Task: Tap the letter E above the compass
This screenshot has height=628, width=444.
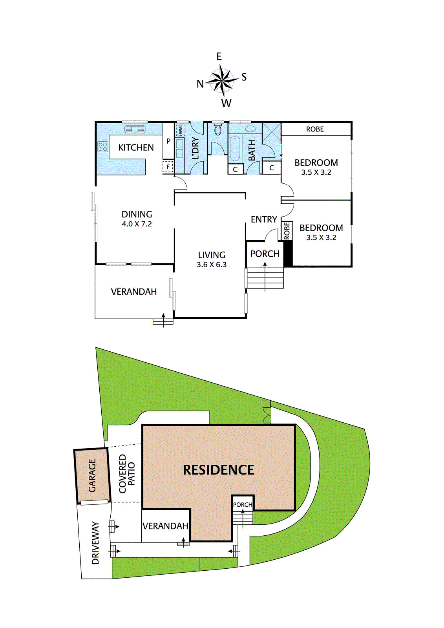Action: (219, 57)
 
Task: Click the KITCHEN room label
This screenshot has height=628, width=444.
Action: (136, 148)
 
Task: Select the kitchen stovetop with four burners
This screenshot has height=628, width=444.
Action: (103, 147)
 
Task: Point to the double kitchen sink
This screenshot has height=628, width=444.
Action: (135, 129)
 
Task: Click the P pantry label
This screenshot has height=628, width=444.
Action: (168, 141)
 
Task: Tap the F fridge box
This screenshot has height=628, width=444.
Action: (168, 167)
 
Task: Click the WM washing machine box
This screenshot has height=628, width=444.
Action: (180, 130)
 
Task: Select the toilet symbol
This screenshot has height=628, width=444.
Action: (218, 130)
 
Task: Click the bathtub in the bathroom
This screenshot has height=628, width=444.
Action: (235, 149)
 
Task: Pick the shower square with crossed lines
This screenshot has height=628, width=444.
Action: (272, 132)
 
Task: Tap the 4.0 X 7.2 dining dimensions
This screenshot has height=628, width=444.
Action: (137, 224)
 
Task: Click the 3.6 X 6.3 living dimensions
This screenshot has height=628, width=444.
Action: (212, 265)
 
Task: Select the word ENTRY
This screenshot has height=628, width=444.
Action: (264, 219)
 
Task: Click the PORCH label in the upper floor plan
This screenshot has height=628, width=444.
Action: (265, 254)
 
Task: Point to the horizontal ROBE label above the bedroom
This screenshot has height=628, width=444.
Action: (315, 129)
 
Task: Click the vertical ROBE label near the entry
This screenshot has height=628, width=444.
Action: (287, 231)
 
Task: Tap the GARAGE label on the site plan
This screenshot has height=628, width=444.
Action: (92, 475)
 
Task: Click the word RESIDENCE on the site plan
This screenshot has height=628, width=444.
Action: (219, 470)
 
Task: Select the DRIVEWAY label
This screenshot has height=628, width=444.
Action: (95, 543)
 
